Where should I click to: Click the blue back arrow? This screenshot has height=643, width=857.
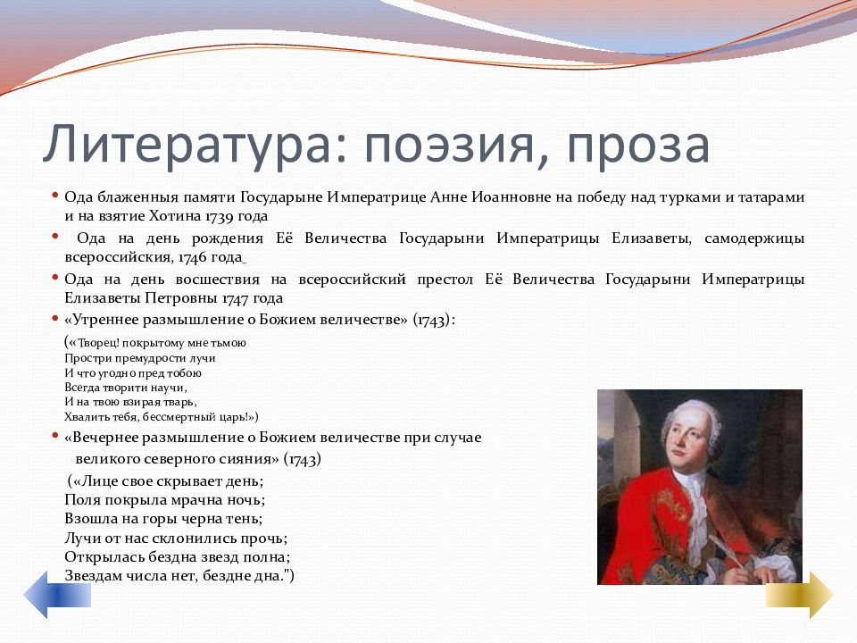(57, 595)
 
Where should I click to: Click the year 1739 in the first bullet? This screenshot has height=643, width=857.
(220, 216)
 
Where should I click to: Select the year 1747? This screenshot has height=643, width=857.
(236, 298)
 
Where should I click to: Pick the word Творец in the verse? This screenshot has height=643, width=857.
(98, 343)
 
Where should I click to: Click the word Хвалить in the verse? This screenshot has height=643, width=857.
(80, 417)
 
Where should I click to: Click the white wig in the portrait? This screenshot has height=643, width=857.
(692, 422)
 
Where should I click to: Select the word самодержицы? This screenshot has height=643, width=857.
(754, 239)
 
